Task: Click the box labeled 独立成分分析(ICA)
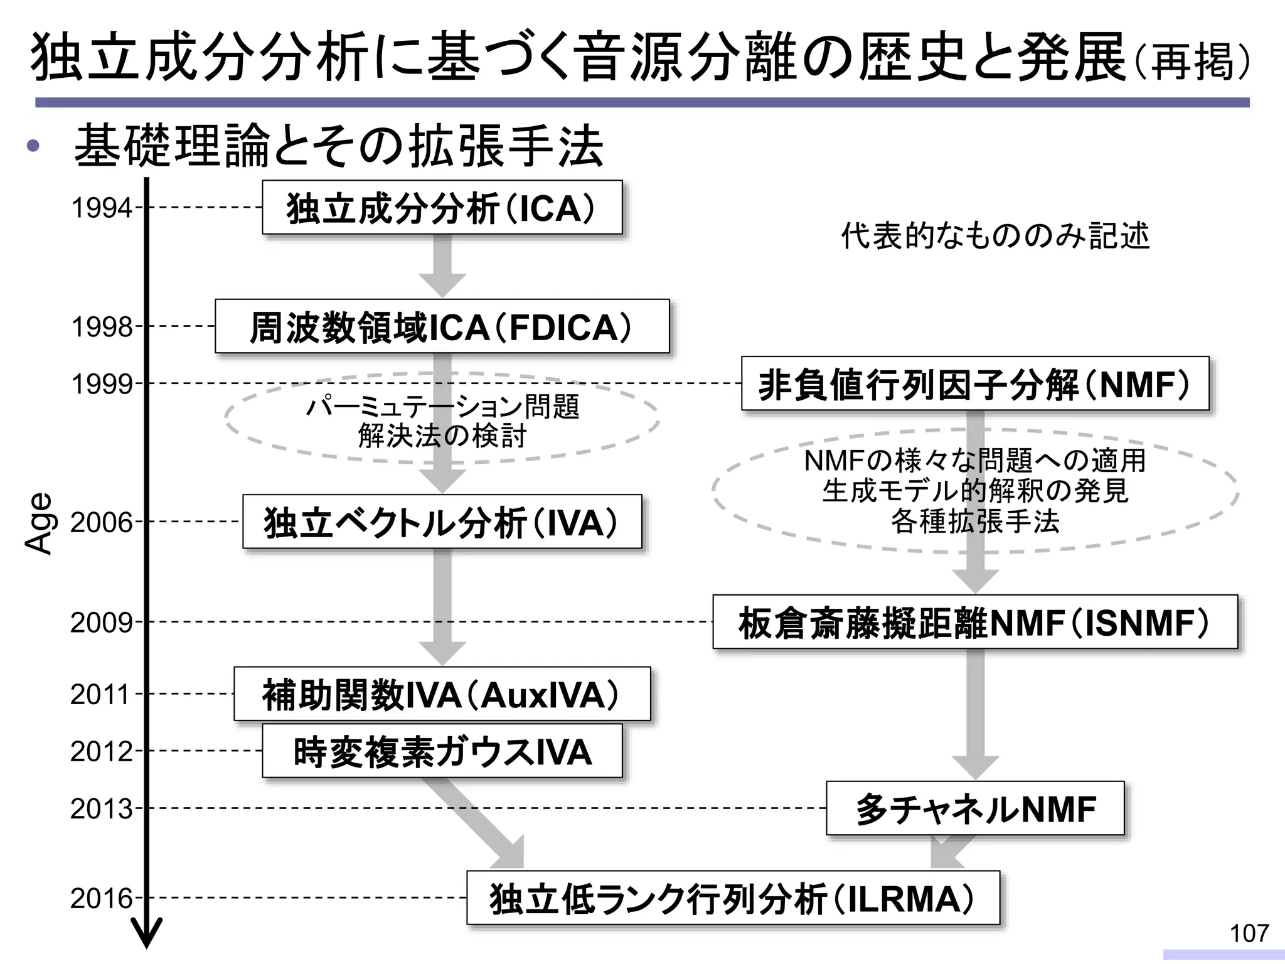click(x=442, y=208)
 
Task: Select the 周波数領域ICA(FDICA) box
click(x=442, y=326)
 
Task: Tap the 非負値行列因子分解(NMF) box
click(x=974, y=383)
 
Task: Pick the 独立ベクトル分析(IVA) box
click(x=442, y=522)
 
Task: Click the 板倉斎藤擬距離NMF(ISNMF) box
click(x=974, y=622)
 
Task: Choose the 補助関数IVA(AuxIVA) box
click(x=442, y=694)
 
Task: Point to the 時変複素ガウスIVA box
click(x=442, y=751)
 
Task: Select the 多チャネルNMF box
click(x=974, y=808)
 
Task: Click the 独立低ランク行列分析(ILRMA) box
click(x=732, y=898)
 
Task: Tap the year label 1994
click(x=102, y=208)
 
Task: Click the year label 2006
click(x=102, y=522)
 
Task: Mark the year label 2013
click(x=102, y=809)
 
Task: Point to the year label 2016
click(x=102, y=899)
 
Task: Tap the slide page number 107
click(x=1249, y=933)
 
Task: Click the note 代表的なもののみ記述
click(x=995, y=236)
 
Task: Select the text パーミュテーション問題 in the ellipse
click(x=442, y=407)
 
